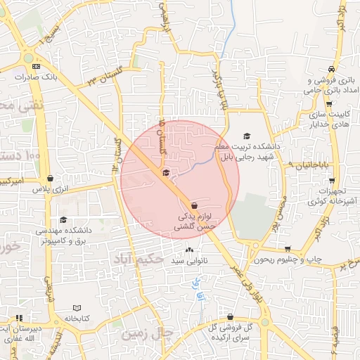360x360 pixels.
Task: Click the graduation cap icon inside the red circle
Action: click(x=166, y=172)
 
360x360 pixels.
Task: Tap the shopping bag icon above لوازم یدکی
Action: click(x=195, y=205)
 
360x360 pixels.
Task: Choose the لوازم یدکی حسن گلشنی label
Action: click(x=195, y=223)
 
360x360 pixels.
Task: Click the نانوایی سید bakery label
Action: click(x=188, y=260)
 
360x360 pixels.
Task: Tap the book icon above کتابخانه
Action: click(x=77, y=308)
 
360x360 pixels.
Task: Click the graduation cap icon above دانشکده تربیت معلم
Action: click(x=246, y=136)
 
